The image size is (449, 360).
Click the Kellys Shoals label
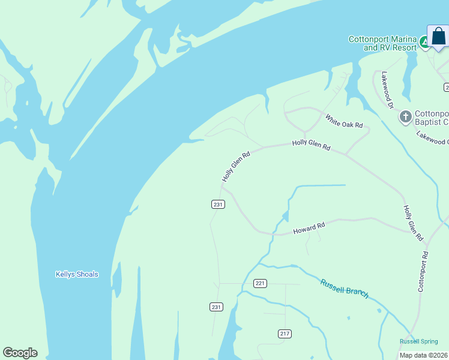click(77, 274)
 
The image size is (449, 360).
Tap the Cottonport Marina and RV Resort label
click(382, 43)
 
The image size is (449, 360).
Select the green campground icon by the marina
click(424, 42)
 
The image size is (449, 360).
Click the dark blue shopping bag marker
click(438, 37)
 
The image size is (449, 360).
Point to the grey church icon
click(406, 116)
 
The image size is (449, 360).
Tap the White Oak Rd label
click(345, 121)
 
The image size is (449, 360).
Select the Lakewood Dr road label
click(385, 91)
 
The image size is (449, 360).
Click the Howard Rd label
click(309, 228)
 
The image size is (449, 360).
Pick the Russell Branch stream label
click(344, 289)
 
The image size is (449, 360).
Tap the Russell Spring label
click(419, 341)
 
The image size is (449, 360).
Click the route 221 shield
click(260, 283)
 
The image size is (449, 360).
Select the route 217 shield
click(285, 333)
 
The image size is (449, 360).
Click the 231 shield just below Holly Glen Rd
click(218, 205)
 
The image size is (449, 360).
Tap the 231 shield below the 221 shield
click(217, 307)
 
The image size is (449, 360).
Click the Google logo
click(20, 353)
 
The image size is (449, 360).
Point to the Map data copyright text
click(424, 355)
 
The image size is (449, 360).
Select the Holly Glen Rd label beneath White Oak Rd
click(311, 145)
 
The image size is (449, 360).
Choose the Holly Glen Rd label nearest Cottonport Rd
click(413, 223)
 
